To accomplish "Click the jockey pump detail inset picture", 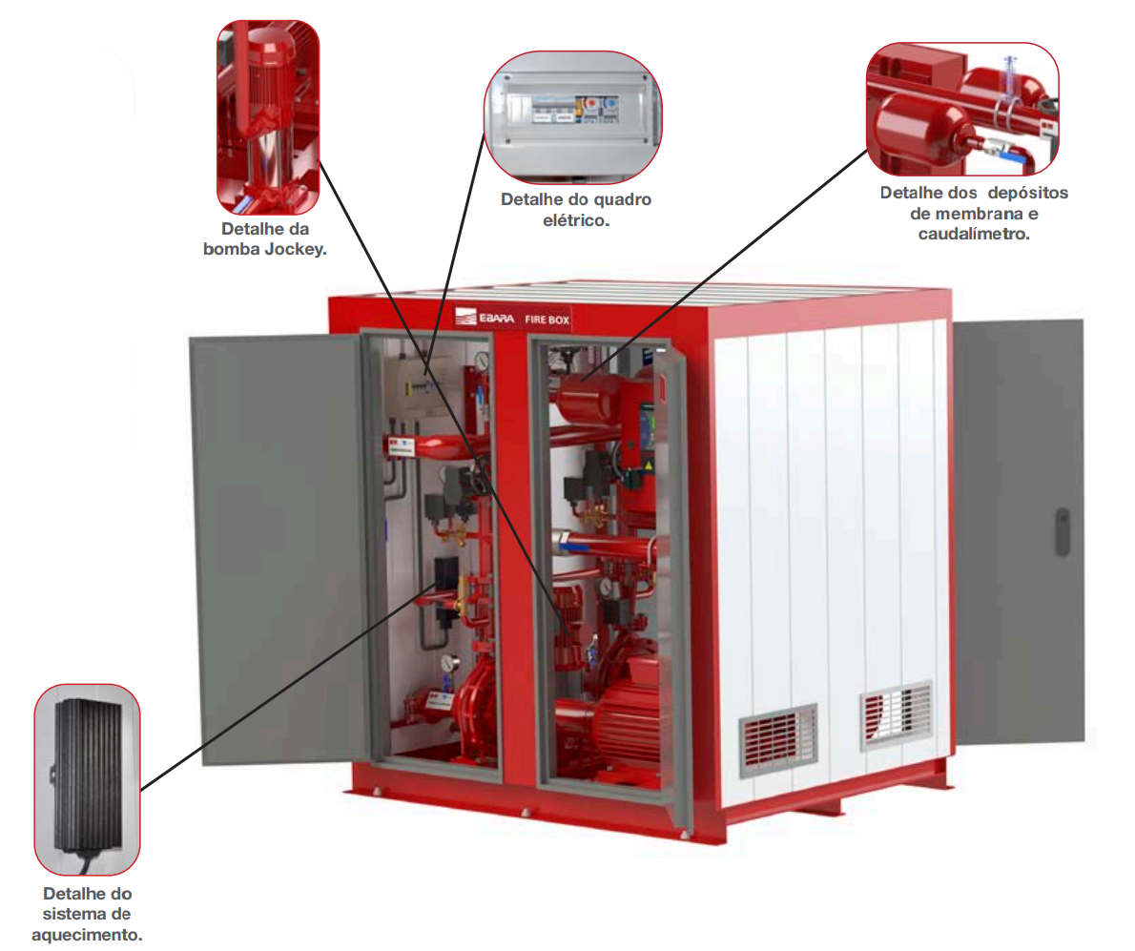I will tap(268, 116).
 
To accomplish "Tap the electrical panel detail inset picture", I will tap(572, 115).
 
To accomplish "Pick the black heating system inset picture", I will tap(88, 778).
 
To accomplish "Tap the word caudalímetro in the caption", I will tap(974, 234).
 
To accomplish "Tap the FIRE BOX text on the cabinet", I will tap(547, 320).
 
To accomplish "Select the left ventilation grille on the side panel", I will tap(778, 739).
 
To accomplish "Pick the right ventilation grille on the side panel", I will tap(896, 716).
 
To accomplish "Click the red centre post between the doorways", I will tap(515, 572).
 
